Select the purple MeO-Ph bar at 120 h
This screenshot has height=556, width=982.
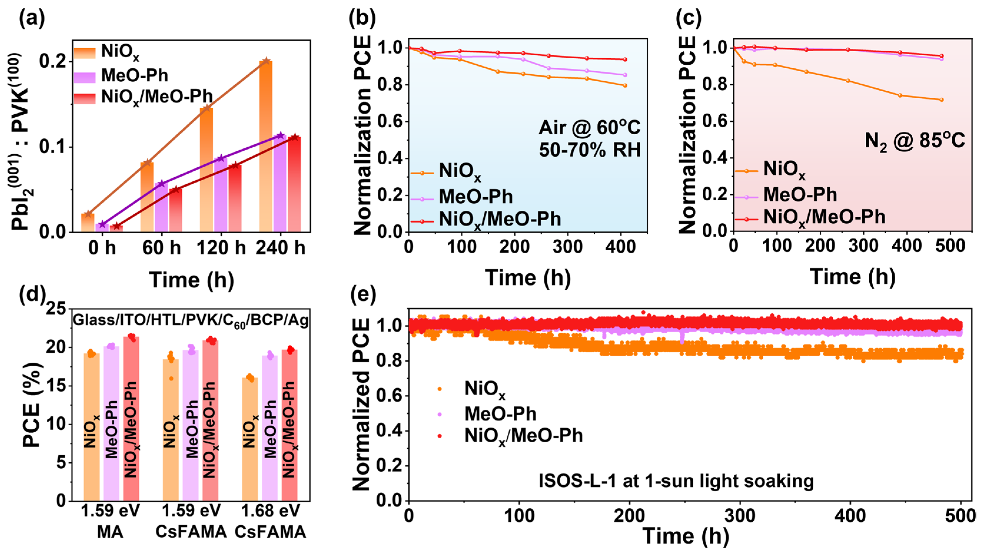pos(220,195)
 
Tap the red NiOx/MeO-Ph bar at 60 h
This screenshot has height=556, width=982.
pos(175,210)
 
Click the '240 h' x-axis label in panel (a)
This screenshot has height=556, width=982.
pos(281,248)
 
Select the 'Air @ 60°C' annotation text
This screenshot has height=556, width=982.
pos(589,127)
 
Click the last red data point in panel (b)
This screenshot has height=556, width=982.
pos(625,59)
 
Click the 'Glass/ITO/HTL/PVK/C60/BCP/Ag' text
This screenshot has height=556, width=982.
pos(190,320)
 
